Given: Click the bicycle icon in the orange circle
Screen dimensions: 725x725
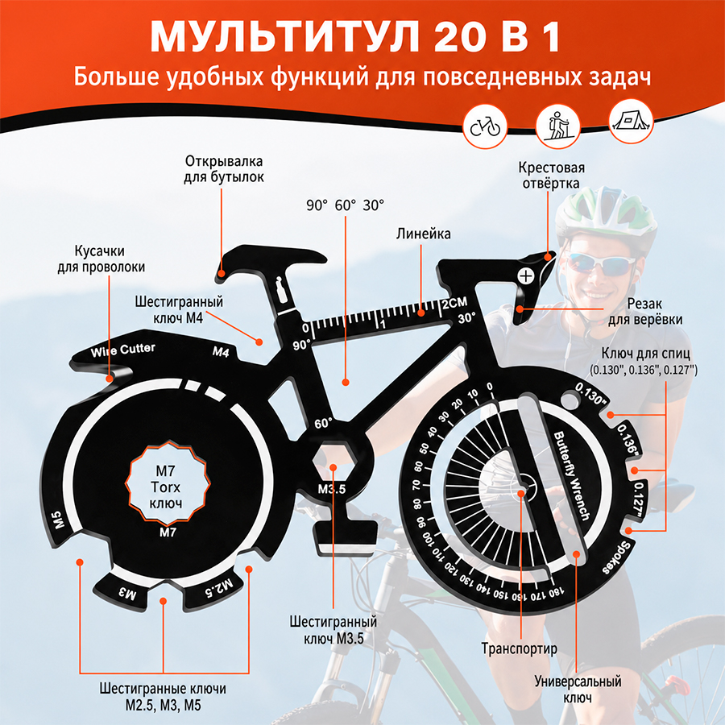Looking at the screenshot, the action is pyautogui.click(x=485, y=126).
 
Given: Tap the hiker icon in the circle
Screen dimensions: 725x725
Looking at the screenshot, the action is pyautogui.click(x=557, y=126).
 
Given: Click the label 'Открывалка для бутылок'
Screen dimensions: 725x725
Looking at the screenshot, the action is pyautogui.click(x=224, y=169).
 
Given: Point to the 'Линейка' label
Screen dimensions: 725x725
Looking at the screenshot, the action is pyautogui.click(x=423, y=234).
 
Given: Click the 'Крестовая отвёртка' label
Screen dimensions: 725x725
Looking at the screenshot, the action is pyautogui.click(x=551, y=176).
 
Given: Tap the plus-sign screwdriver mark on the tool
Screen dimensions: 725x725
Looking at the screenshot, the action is pyautogui.click(x=526, y=276).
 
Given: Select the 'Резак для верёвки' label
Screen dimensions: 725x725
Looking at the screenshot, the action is pyautogui.click(x=645, y=312).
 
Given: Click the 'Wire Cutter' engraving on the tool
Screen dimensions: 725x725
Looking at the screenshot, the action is pyautogui.click(x=123, y=350).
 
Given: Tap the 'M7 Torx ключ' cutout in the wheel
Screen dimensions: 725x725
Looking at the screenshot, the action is pyautogui.click(x=167, y=482).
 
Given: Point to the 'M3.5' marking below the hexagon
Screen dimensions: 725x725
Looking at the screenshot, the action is pyautogui.click(x=332, y=489).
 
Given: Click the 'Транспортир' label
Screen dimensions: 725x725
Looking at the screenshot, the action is pyautogui.click(x=520, y=648).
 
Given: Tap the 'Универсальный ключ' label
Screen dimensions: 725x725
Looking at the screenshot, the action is pyautogui.click(x=578, y=689).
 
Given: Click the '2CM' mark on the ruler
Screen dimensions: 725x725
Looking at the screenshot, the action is pyautogui.click(x=454, y=304).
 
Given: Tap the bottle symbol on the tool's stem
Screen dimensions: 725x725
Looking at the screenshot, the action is pyautogui.click(x=280, y=289).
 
